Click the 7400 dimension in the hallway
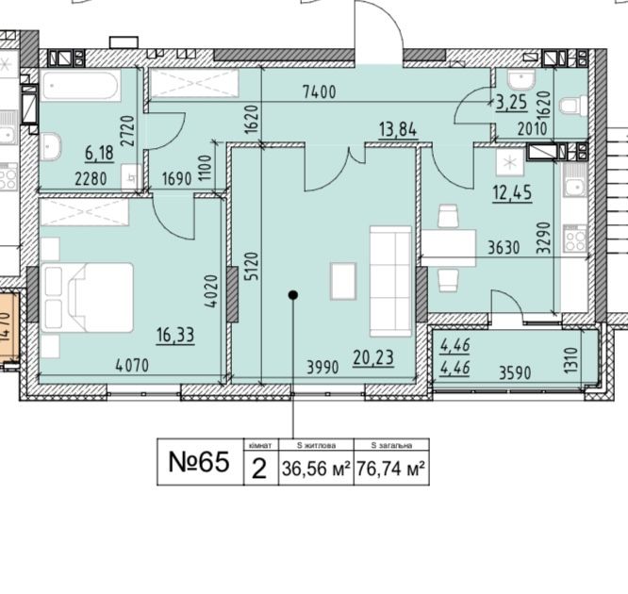321,92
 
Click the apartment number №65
199,462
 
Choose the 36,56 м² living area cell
316,467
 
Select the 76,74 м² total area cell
391,467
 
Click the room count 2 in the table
259,467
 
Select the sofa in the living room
389,280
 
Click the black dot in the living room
293,295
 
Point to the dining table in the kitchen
447,247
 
